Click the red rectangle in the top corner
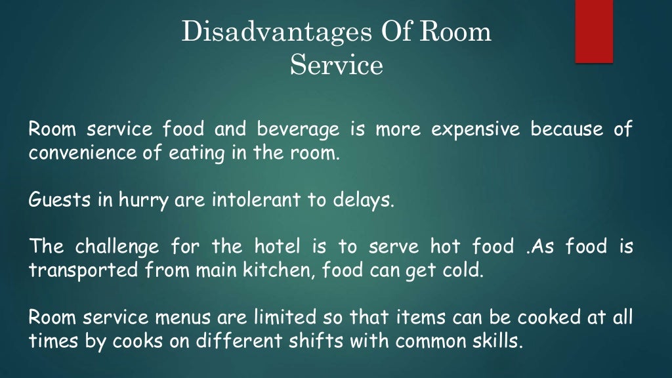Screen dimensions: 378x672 pyautogui.click(x=594, y=31)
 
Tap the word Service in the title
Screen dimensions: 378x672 pyautogui.click(x=336, y=66)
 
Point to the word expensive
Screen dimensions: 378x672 pyautogui.click(x=475, y=130)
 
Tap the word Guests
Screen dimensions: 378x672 pyautogui.click(x=52, y=199)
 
